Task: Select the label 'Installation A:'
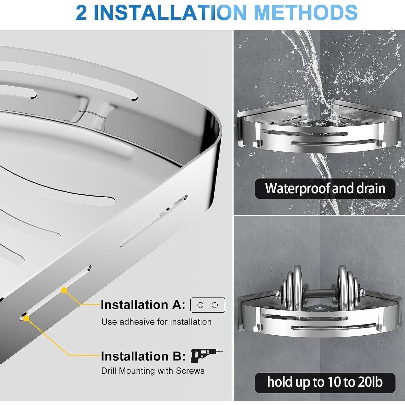click(143, 305)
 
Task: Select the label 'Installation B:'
click(143, 356)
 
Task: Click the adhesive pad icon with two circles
click(208, 305)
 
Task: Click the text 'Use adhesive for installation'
click(157, 322)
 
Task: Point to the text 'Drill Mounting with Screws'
click(153, 371)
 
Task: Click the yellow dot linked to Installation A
click(64, 291)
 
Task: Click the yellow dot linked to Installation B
click(26, 319)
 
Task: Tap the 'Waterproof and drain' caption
click(325, 188)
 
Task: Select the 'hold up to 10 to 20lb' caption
click(325, 383)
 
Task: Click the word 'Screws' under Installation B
click(190, 371)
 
